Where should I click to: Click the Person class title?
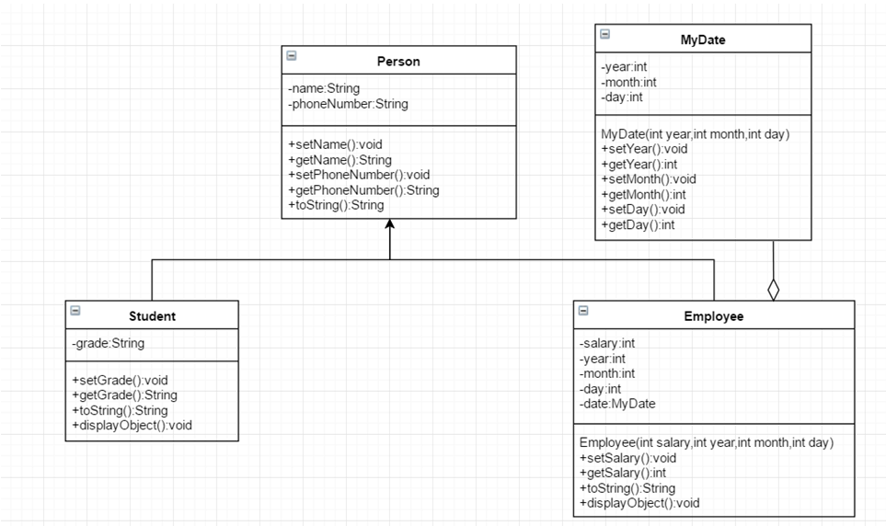tap(398, 62)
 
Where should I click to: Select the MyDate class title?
tap(703, 40)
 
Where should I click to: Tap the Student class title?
tap(152, 316)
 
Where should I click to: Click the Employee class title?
tap(713, 316)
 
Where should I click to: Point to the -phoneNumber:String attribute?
tap(348, 104)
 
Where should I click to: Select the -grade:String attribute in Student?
tap(108, 344)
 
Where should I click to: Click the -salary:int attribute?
tap(607, 344)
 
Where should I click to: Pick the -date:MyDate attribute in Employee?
tap(617, 404)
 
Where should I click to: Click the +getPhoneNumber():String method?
tap(363, 190)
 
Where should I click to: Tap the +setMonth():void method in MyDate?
tap(649, 179)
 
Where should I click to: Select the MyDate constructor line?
tap(695, 134)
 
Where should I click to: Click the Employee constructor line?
tap(706, 442)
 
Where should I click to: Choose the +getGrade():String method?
tap(124, 395)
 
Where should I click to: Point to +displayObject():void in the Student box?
tap(132, 425)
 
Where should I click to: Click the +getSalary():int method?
tap(623, 473)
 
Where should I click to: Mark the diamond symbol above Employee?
tap(773, 290)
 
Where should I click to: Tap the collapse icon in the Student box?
tap(75, 312)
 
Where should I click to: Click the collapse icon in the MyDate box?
tap(604, 34)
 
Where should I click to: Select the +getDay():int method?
tap(638, 224)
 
